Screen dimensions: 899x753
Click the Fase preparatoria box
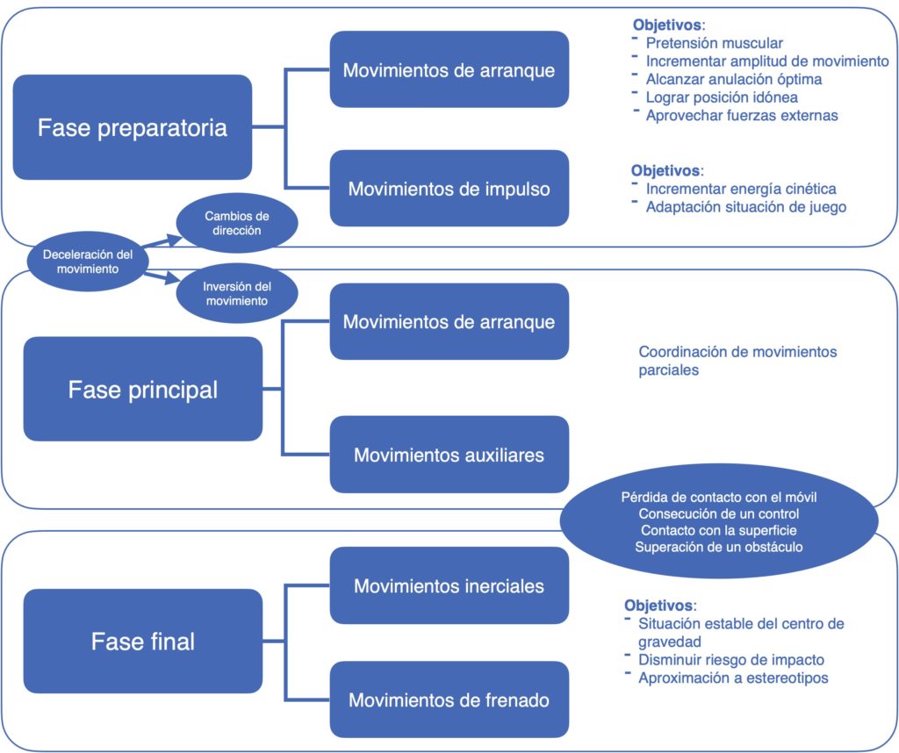[x=133, y=127]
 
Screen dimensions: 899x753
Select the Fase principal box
[x=143, y=389]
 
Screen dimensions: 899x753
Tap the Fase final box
[x=143, y=642]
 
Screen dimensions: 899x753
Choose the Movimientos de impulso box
[x=449, y=189]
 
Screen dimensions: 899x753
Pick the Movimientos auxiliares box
[x=449, y=455]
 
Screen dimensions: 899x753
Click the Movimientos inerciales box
[x=449, y=585]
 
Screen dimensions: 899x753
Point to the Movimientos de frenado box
[x=449, y=699]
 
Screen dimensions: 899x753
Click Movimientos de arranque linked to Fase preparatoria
[x=449, y=69]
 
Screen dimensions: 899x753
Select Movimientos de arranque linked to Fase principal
[x=449, y=321]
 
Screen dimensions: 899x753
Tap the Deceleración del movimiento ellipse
[x=88, y=262]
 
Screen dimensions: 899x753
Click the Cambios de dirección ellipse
[x=237, y=223]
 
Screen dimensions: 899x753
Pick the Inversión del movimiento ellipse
[x=237, y=293]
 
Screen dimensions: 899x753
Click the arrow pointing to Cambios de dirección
[x=162, y=240]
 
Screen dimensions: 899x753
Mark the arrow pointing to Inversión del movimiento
[x=162, y=278]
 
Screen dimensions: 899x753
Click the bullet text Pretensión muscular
[x=715, y=43]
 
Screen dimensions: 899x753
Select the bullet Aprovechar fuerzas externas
[x=742, y=115]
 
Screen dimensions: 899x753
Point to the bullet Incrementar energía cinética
[x=741, y=189]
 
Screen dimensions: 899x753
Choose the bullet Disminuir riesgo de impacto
[x=731, y=660]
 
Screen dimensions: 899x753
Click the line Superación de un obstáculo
[x=719, y=547]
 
